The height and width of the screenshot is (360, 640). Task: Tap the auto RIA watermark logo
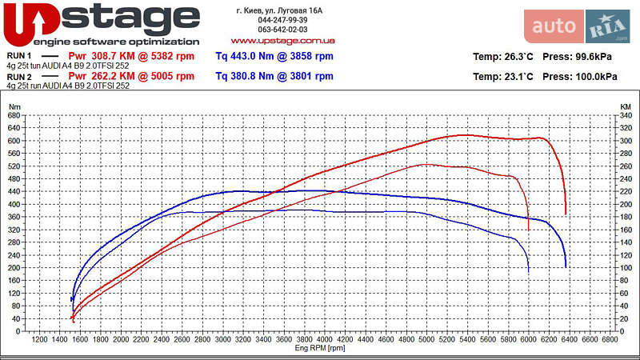click(x=576, y=26)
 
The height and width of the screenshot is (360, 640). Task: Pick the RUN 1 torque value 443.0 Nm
click(x=274, y=56)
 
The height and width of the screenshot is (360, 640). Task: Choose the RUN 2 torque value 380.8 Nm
click(x=274, y=77)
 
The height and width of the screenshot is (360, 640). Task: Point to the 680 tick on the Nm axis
click(x=14, y=115)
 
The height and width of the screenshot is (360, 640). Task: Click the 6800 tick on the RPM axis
click(x=610, y=340)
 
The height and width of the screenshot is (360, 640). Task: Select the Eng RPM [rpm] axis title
click(x=320, y=348)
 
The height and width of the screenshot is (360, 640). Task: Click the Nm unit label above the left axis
click(x=14, y=106)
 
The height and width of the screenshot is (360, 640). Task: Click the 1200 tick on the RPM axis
click(x=39, y=340)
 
